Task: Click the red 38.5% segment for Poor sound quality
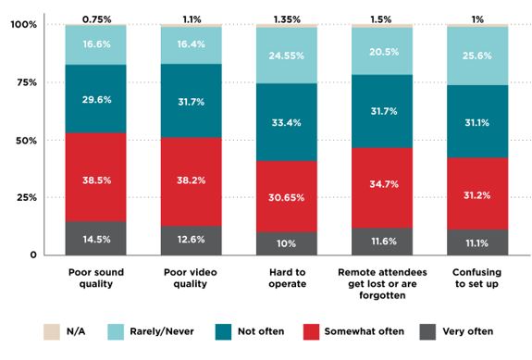click(x=96, y=177)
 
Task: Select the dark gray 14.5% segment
click(x=96, y=238)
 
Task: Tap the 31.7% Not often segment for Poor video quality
click(x=191, y=102)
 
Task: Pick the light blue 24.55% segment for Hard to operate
click(x=286, y=56)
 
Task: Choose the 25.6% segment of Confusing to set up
click(x=476, y=56)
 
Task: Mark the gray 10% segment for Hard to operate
click(x=286, y=242)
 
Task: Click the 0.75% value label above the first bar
click(x=96, y=18)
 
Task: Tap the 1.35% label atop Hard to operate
click(x=286, y=18)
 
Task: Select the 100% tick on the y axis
click(x=23, y=24)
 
